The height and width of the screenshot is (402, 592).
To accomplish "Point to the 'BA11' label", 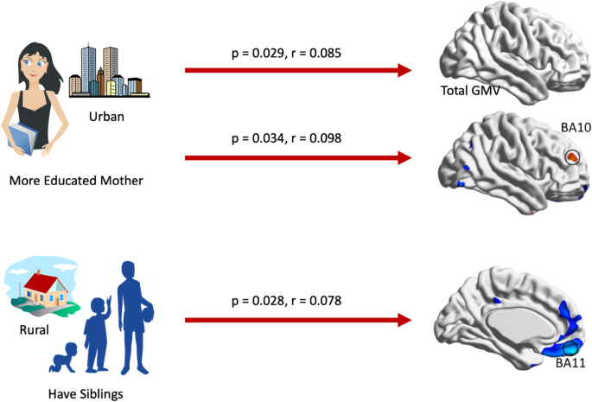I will click(x=570, y=364).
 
